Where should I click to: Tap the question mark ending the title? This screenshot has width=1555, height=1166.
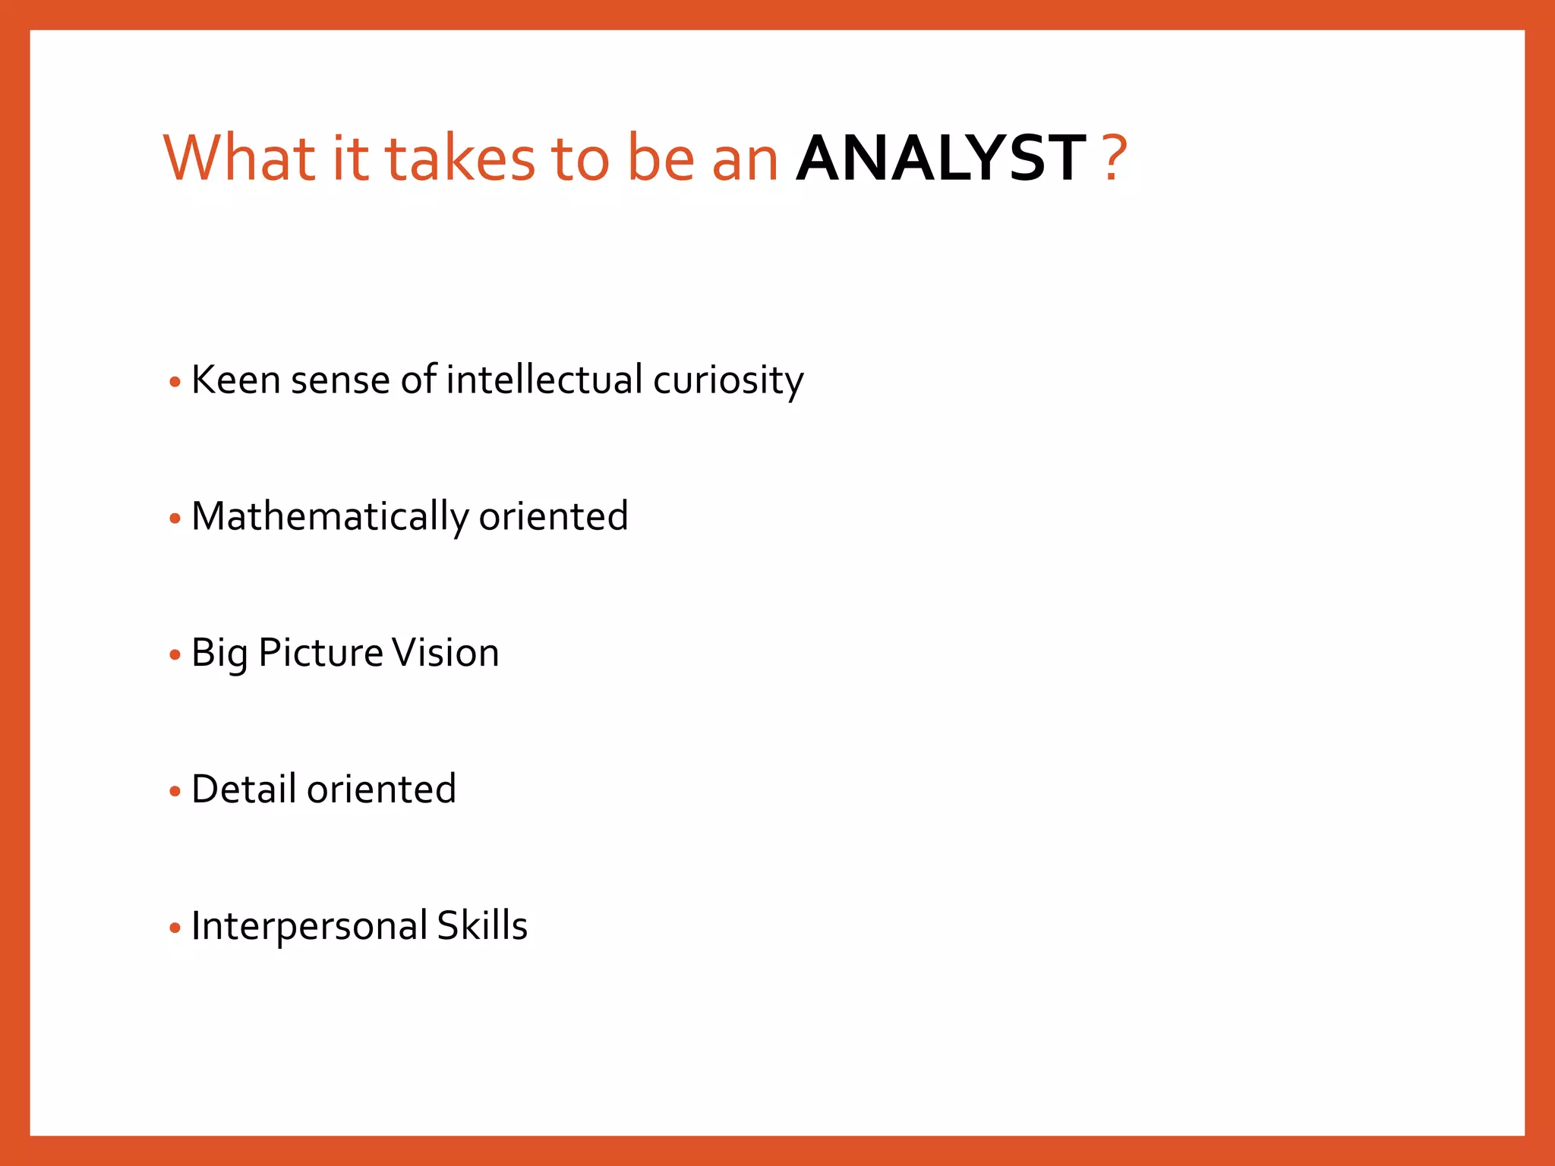pyautogui.click(x=1115, y=159)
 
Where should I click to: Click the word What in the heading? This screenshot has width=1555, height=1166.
pyautogui.click(x=239, y=159)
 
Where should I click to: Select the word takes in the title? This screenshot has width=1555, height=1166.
pyautogui.click(x=460, y=159)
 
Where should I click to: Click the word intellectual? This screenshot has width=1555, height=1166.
pyautogui.click(x=544, y=380)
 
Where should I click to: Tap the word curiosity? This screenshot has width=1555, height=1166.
pyautogui.click(x=727, y=381)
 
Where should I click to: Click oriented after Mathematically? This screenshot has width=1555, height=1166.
pyautogui.click(x=553, y=516)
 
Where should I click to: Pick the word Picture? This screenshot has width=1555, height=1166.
pyautogui.click(x=320, y=653)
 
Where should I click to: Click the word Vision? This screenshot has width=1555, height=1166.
pyautogui.click(x=445, y=653)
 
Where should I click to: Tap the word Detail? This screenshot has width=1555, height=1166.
pyautogui.click(x=243, y=789)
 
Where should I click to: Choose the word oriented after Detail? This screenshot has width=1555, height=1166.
pyautogui.click(x=381, y=789)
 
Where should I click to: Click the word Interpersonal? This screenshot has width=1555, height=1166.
pyautogui.click(x=309, y=927)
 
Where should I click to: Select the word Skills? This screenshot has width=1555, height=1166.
pyautogui.click(x=482, y=925)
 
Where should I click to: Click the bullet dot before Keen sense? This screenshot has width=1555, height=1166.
pyautogui.click(x=175, y=382)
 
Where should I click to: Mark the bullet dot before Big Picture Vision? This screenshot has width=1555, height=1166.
pyautogui.click(x=175, y=655)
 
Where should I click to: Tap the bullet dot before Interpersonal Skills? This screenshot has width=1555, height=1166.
pyautogui.click(x=175, y=928)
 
